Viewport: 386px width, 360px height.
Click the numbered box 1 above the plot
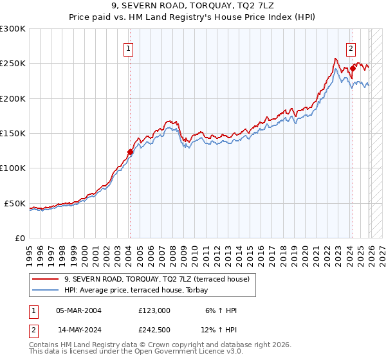pyautogui.click(x=129, y=48)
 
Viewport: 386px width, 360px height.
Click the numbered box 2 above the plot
pyautogui.click(x=351, y=48)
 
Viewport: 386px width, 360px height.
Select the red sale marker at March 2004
pyautogui.click(x=130, y=152)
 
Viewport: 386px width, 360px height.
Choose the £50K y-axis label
pyautogui.click(x=15, y=203)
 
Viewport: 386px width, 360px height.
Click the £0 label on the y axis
pyautogui.click(x=21, y=238)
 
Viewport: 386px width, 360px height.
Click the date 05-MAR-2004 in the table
pyautogui.click(x=78, y=310)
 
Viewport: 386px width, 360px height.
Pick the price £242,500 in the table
pyautogui.click(x=154, y=330)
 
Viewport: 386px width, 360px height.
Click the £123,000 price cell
pyautogui.click(x=154, y=310)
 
